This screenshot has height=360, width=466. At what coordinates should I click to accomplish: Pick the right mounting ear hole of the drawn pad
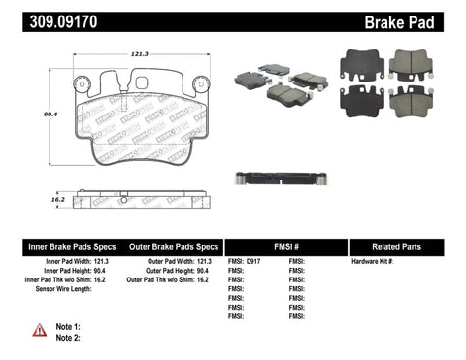click(x=199, y=84)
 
